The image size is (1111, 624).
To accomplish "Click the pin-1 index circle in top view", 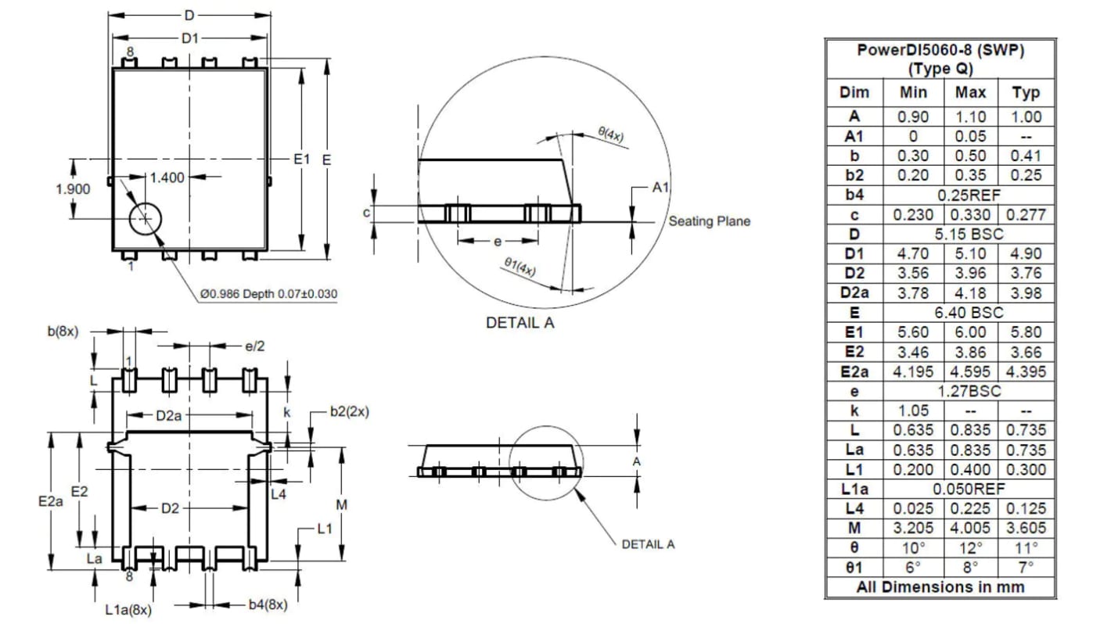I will tap(146, 219).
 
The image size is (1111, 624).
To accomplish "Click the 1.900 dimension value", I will tap(73, 188).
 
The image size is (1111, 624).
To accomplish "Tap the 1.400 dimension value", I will tap(166, 178).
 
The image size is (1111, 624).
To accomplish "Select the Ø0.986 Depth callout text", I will tap(268, 294).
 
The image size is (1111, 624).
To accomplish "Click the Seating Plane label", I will tap(709, 221).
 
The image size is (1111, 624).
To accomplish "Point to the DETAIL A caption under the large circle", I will tap(520, 322).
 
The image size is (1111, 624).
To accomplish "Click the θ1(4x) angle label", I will tap(520, 267).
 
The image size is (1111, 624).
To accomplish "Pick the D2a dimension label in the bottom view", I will tap(169, 416).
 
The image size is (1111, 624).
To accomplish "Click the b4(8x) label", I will tap(268, 604).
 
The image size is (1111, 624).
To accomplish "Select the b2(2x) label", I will tap(349, 411).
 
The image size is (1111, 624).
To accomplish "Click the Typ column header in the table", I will tap(1026, 93).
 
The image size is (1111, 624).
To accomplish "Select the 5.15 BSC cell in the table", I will tap(969, 234).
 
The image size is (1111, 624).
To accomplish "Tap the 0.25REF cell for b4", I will tap(969, 195).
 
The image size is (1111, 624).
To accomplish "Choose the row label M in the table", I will tap(854, 528).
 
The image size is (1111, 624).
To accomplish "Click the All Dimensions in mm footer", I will tap(940, 586).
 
